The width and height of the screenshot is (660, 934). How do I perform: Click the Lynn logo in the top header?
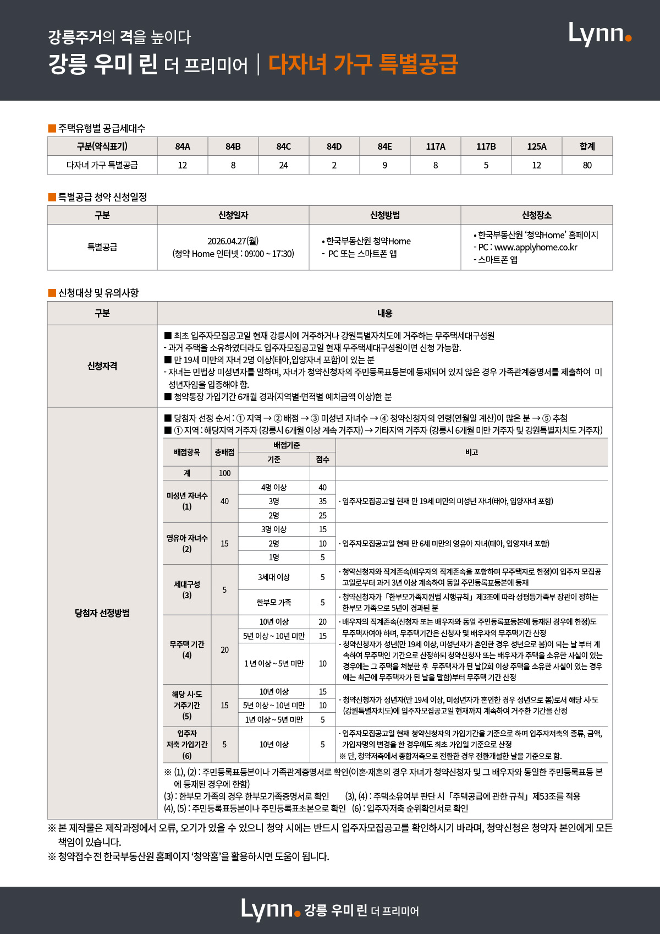[599, 34]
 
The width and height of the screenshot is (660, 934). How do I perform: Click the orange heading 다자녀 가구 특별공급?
[363, 64]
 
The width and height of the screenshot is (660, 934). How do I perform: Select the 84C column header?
[283, 146]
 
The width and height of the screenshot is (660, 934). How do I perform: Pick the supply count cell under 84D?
[334, 165]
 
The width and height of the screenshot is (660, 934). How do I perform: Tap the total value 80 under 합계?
[587, 165]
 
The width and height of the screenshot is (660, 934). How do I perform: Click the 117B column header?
[486, 146]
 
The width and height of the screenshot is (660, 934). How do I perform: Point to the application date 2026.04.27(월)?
[233, 241]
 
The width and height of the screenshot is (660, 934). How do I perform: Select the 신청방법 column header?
[384, 215]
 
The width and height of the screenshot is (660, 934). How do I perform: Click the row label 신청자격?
[102, 366]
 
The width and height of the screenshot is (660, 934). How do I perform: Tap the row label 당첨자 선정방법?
[102, 613]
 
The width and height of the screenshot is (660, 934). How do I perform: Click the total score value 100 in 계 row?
[224, 473]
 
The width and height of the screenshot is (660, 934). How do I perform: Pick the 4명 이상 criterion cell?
[273, 488]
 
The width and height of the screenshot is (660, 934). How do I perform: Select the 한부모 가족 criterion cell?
[273, 603]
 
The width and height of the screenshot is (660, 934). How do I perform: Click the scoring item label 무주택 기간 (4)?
[187, 649]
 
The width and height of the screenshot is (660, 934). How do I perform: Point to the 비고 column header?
[471, 452]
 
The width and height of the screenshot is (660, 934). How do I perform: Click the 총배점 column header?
[224, 452]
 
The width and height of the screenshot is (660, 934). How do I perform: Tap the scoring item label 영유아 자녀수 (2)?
[187, 543]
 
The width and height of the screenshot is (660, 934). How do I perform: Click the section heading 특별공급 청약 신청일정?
[102, 197]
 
